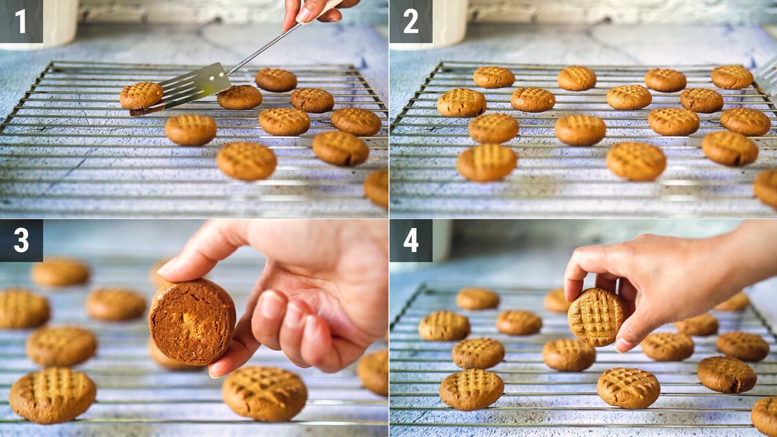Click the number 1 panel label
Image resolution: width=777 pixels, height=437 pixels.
click(21, 21)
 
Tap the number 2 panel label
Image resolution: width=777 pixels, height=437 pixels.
click(411, 21)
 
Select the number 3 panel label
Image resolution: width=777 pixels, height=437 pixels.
click(21, 240)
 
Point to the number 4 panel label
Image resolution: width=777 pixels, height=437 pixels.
click(411, 240)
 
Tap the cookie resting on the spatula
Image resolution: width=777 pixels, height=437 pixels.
click(141, 95)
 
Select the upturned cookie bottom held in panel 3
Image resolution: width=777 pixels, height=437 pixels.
click(192, 322)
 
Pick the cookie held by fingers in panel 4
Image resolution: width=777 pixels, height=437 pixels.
click(598, 317)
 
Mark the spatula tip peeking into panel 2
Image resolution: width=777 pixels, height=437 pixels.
click(766, 77)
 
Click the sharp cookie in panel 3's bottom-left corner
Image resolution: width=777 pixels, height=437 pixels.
click(52, 396)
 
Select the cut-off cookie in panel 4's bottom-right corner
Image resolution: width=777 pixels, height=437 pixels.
click(765, 417)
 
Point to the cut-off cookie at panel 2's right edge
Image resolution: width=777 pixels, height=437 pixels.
click(766, 188)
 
